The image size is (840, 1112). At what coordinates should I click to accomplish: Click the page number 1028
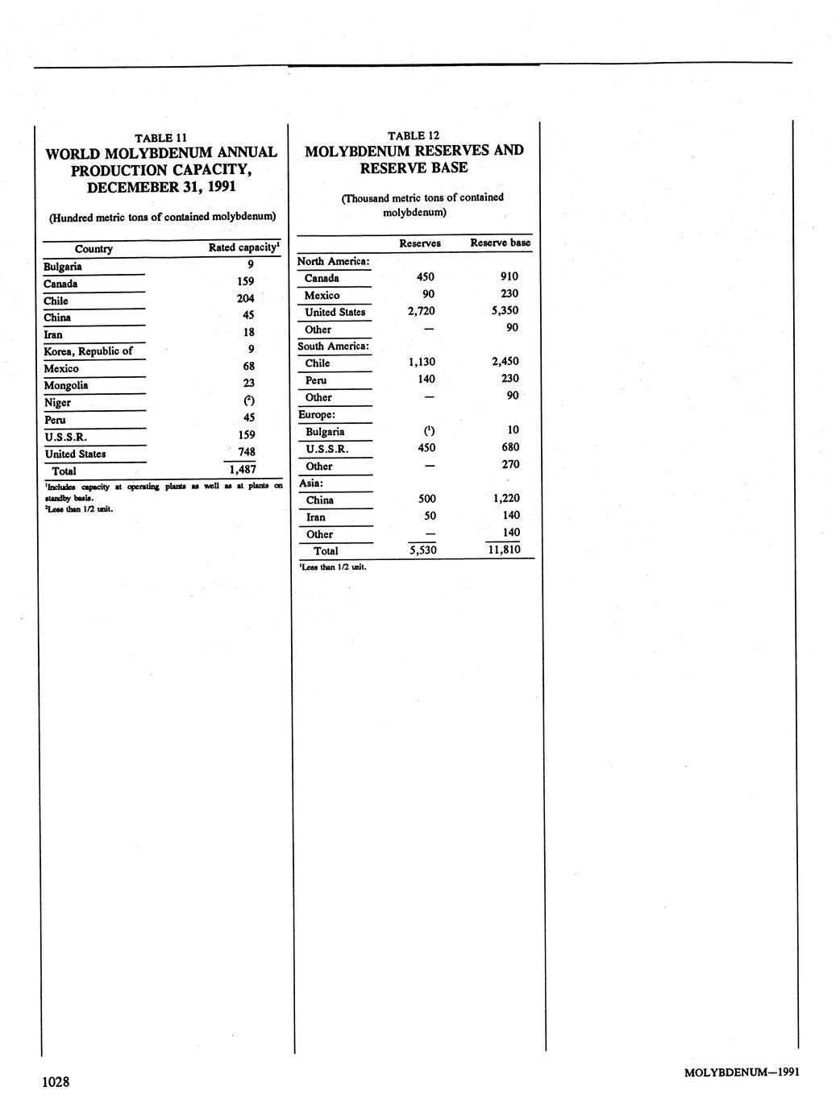click(x=56, y=1081)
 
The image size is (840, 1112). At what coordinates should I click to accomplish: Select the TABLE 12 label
click(x=414, y=135)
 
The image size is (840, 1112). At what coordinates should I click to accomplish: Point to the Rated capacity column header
click(x=243, y=247)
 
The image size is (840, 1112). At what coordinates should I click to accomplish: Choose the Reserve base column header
click(x=500, y=243)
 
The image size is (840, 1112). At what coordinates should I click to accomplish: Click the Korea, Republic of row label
click(x=88, y=351)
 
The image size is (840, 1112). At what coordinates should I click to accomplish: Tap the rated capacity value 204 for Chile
click(x=245, y=298)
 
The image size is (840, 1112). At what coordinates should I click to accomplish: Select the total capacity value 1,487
click(x=242, y=469)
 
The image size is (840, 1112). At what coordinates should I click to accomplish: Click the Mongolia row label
click(x=66, y=385)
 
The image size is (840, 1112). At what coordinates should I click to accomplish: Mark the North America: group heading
click(x=334, y=261)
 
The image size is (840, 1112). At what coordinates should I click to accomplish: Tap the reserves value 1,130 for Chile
click(x=422, y=362)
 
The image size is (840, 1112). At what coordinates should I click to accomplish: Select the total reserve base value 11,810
click(x=504, y=550)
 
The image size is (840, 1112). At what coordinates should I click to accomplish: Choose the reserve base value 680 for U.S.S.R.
click(x=509, y=447)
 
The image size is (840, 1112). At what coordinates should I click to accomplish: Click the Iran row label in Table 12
click(x=316, y=517)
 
